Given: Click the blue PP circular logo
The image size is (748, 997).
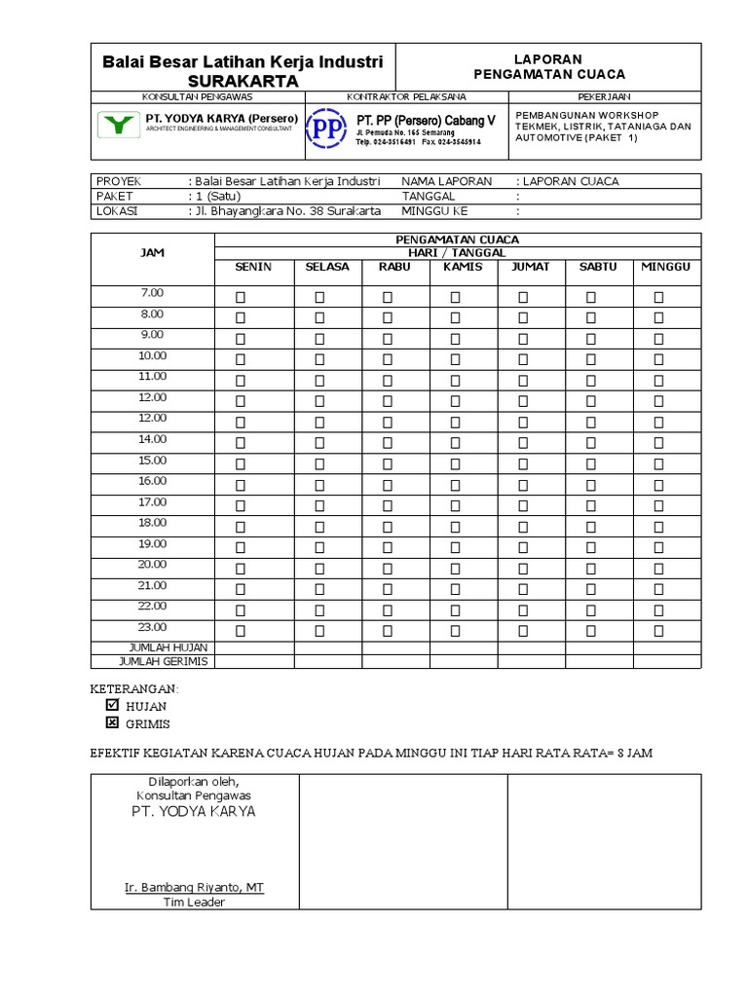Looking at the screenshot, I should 325,128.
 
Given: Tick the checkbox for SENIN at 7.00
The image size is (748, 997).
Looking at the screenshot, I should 240,297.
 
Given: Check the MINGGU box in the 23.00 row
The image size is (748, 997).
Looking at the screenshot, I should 658,631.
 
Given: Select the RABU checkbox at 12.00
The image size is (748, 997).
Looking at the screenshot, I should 387,401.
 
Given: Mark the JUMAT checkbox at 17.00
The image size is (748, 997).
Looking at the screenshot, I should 523,505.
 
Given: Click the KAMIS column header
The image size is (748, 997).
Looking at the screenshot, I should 463,267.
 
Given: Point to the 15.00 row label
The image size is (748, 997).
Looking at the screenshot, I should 153,461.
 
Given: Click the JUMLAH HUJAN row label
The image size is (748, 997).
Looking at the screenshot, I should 168,647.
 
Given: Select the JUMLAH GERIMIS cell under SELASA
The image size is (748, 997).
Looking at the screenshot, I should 328,662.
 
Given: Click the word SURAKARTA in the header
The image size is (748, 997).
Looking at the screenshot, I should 243,81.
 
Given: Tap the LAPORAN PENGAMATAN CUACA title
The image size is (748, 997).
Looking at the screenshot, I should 549,67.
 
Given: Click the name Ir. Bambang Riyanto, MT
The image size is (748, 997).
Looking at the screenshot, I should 194,887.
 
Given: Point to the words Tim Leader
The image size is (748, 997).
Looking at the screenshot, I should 194,903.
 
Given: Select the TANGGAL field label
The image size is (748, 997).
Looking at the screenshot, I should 429,196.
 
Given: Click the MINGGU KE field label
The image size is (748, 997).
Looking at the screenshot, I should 435,210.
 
